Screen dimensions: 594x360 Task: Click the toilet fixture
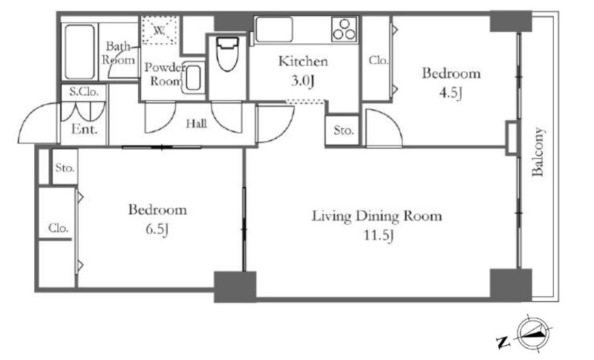point(227,53)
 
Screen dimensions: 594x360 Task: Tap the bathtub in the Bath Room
point(79,52)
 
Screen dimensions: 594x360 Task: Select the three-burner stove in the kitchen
point(344,29)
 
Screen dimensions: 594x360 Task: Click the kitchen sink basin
point(274,29)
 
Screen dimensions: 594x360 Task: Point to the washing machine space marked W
point(159,30)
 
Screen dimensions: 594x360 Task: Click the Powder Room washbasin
point(193,78)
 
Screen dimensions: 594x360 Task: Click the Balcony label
point(537,152)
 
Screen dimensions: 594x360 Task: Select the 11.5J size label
point(379,235)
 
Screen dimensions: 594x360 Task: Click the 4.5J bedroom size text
point(451,93)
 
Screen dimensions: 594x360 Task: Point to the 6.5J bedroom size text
point(157,229)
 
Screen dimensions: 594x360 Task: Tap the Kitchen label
point(303,61)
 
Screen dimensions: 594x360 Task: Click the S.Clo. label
point(84,91)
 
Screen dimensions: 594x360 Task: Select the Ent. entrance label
point(85,129)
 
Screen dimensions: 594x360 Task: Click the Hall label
point(196,123)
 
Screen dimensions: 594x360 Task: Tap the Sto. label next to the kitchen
point(344,131)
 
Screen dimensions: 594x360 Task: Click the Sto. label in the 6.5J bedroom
point(65,167)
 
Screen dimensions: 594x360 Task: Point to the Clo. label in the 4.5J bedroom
point(379,60)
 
